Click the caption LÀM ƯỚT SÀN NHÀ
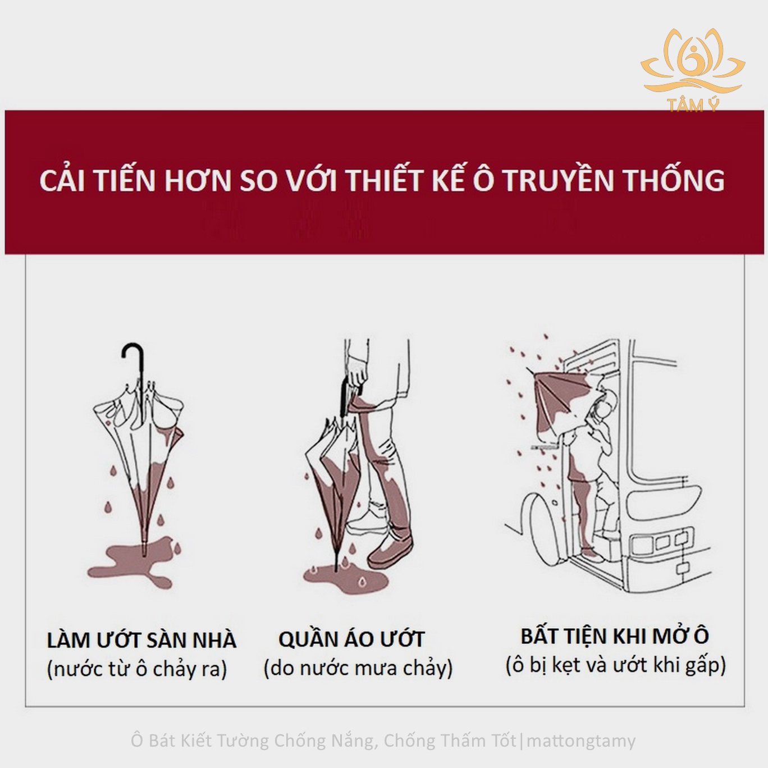pyautogui.click(x=141, y=641)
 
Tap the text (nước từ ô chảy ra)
pyautogui.click(x=137, y=669)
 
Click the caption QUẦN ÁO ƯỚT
pyautogui.click(x=351, y=639)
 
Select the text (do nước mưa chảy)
pyautogui.click(x=358, y=669)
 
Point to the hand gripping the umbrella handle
pyautogui.click(x=357, y=374)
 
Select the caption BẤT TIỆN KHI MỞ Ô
pyautogui.click(x=615, y=637)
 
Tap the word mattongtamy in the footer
pyautogui.click(x=584, y=740)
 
